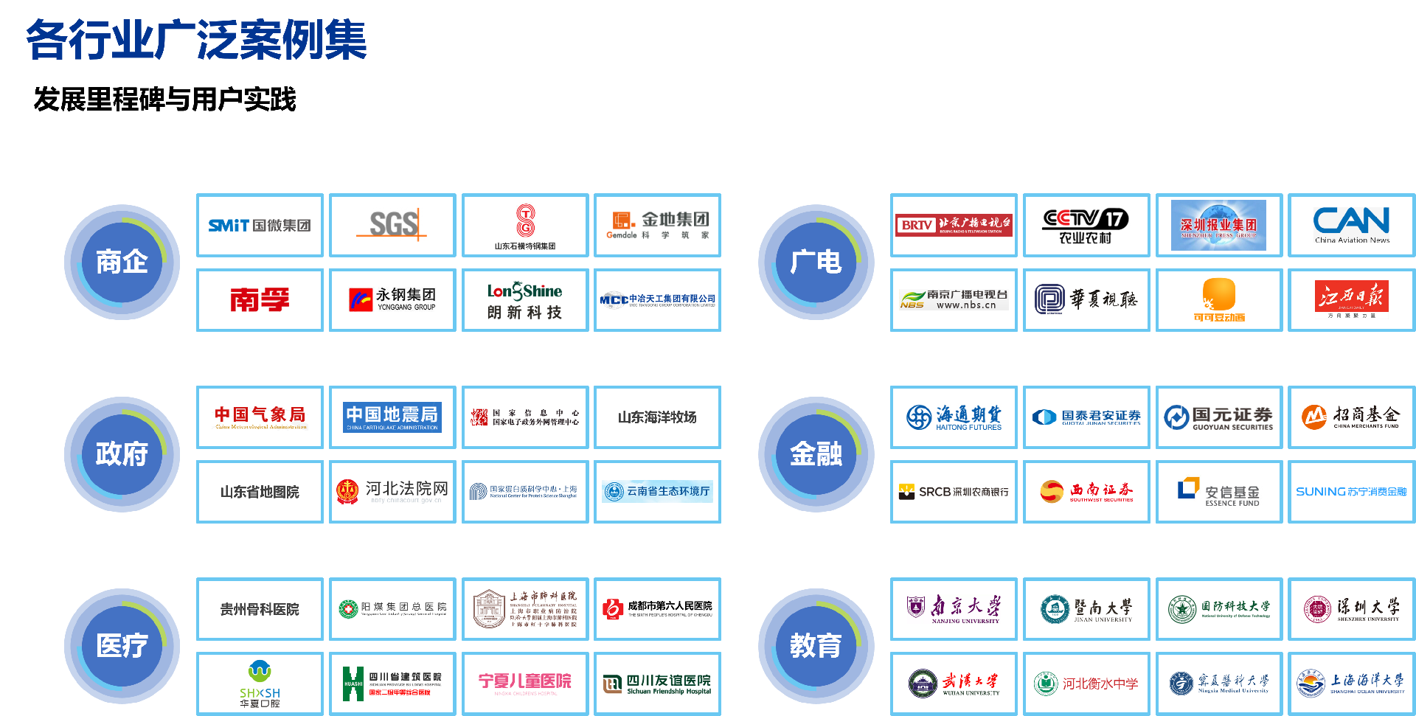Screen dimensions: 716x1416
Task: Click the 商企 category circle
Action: pos(122,262)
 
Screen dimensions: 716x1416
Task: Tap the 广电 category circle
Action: pos(816,262)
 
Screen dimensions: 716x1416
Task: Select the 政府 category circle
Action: pos(122,454)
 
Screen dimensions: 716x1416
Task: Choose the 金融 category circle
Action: pos(816,454)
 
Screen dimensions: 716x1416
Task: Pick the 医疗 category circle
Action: pos(122,646)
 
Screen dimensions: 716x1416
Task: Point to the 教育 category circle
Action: pos(816,646)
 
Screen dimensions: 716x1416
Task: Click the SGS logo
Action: pos(392,225)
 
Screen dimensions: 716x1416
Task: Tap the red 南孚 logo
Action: pos(260,299)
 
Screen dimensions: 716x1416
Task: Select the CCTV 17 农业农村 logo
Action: pos(1086,225)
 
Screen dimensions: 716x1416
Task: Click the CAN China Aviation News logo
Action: pos(1351,225)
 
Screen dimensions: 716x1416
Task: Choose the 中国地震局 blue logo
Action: pos(392,417)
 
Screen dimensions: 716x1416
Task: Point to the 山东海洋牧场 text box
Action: pos(657,417)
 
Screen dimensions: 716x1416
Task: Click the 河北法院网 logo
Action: pos(392,491)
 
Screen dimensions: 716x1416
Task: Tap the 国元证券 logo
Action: pos(1218,417)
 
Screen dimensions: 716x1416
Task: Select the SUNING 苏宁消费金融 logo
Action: pos(1351,491)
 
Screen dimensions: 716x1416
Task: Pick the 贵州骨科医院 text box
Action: pos(260,609)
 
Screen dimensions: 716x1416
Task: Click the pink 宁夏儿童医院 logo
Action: pos(524,683)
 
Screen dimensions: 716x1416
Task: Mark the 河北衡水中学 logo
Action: pos(1086,684)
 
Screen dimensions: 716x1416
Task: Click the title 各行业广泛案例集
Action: pos(196,40)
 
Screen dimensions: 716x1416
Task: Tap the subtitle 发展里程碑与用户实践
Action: pos(164,99)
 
